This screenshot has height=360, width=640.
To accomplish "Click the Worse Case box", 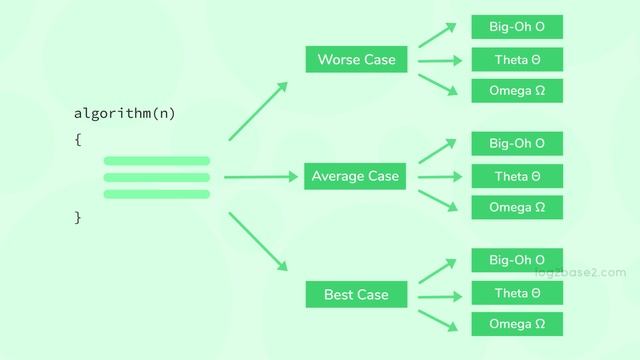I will tap(356, 60).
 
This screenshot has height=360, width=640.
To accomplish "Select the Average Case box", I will tap(355, 177).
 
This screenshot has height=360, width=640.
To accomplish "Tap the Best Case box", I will tap(355, 295).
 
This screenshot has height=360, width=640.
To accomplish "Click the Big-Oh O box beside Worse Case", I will tap(517, 27).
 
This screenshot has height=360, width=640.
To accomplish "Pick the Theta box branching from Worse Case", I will tap(517, 60).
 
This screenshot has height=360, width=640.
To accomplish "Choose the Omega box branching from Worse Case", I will tap(517, 91).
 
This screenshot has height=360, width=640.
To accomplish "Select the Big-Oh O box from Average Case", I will tap(517, 144).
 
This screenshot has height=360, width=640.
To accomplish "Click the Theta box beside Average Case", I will tap(517, 177).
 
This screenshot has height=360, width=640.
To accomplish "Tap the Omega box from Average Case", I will tap(517, 208).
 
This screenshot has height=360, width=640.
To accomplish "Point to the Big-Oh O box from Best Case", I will tap(517, 261).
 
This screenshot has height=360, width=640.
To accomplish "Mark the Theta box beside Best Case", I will tap(517, 294).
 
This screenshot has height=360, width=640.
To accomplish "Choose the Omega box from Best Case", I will tap(517, 325).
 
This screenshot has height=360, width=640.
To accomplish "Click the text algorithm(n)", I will tap(125, 114).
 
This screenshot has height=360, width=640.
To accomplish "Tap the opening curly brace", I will tap(77, 140).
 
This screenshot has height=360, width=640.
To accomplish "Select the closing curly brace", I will tap(77, 217).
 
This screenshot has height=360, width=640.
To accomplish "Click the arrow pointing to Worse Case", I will tap(258, 110).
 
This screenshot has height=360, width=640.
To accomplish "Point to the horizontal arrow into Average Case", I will tap(262, 177).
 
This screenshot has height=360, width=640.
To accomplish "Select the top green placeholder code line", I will tap(157, 161).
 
